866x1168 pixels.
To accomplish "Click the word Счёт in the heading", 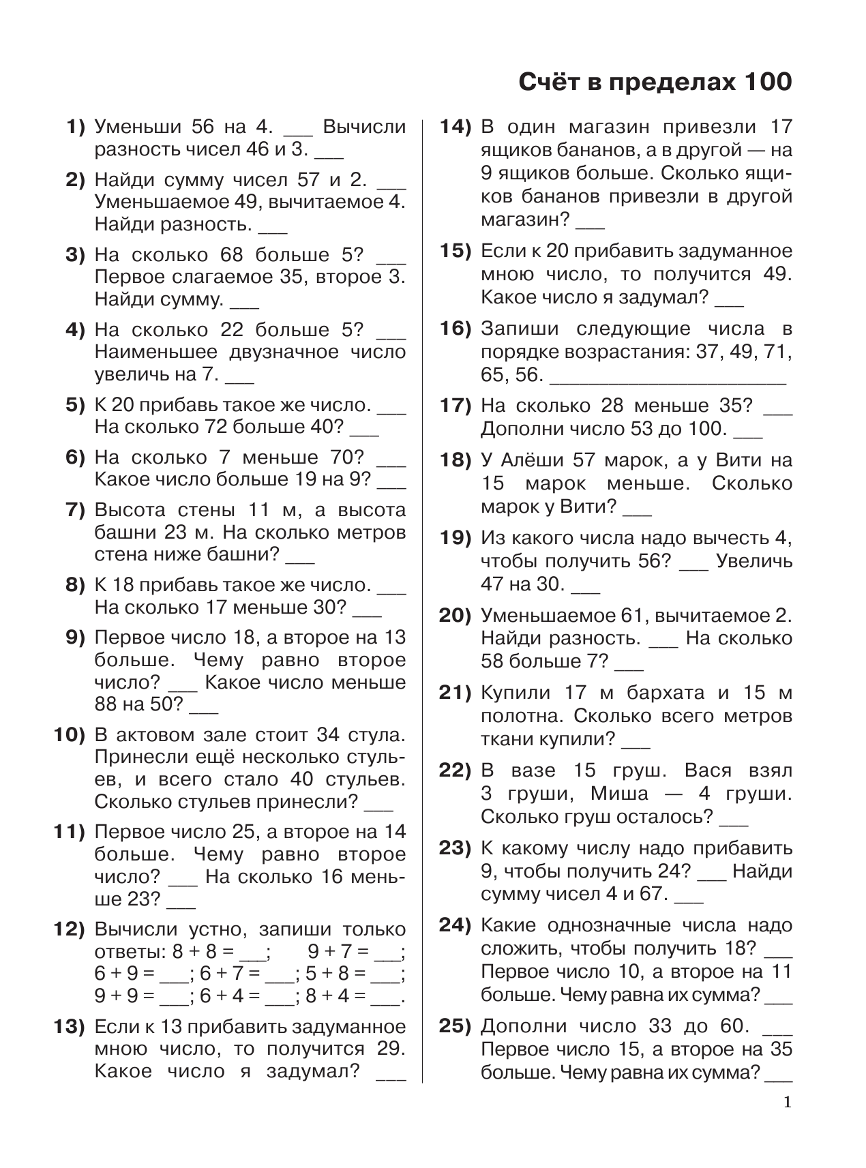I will [549, 83].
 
